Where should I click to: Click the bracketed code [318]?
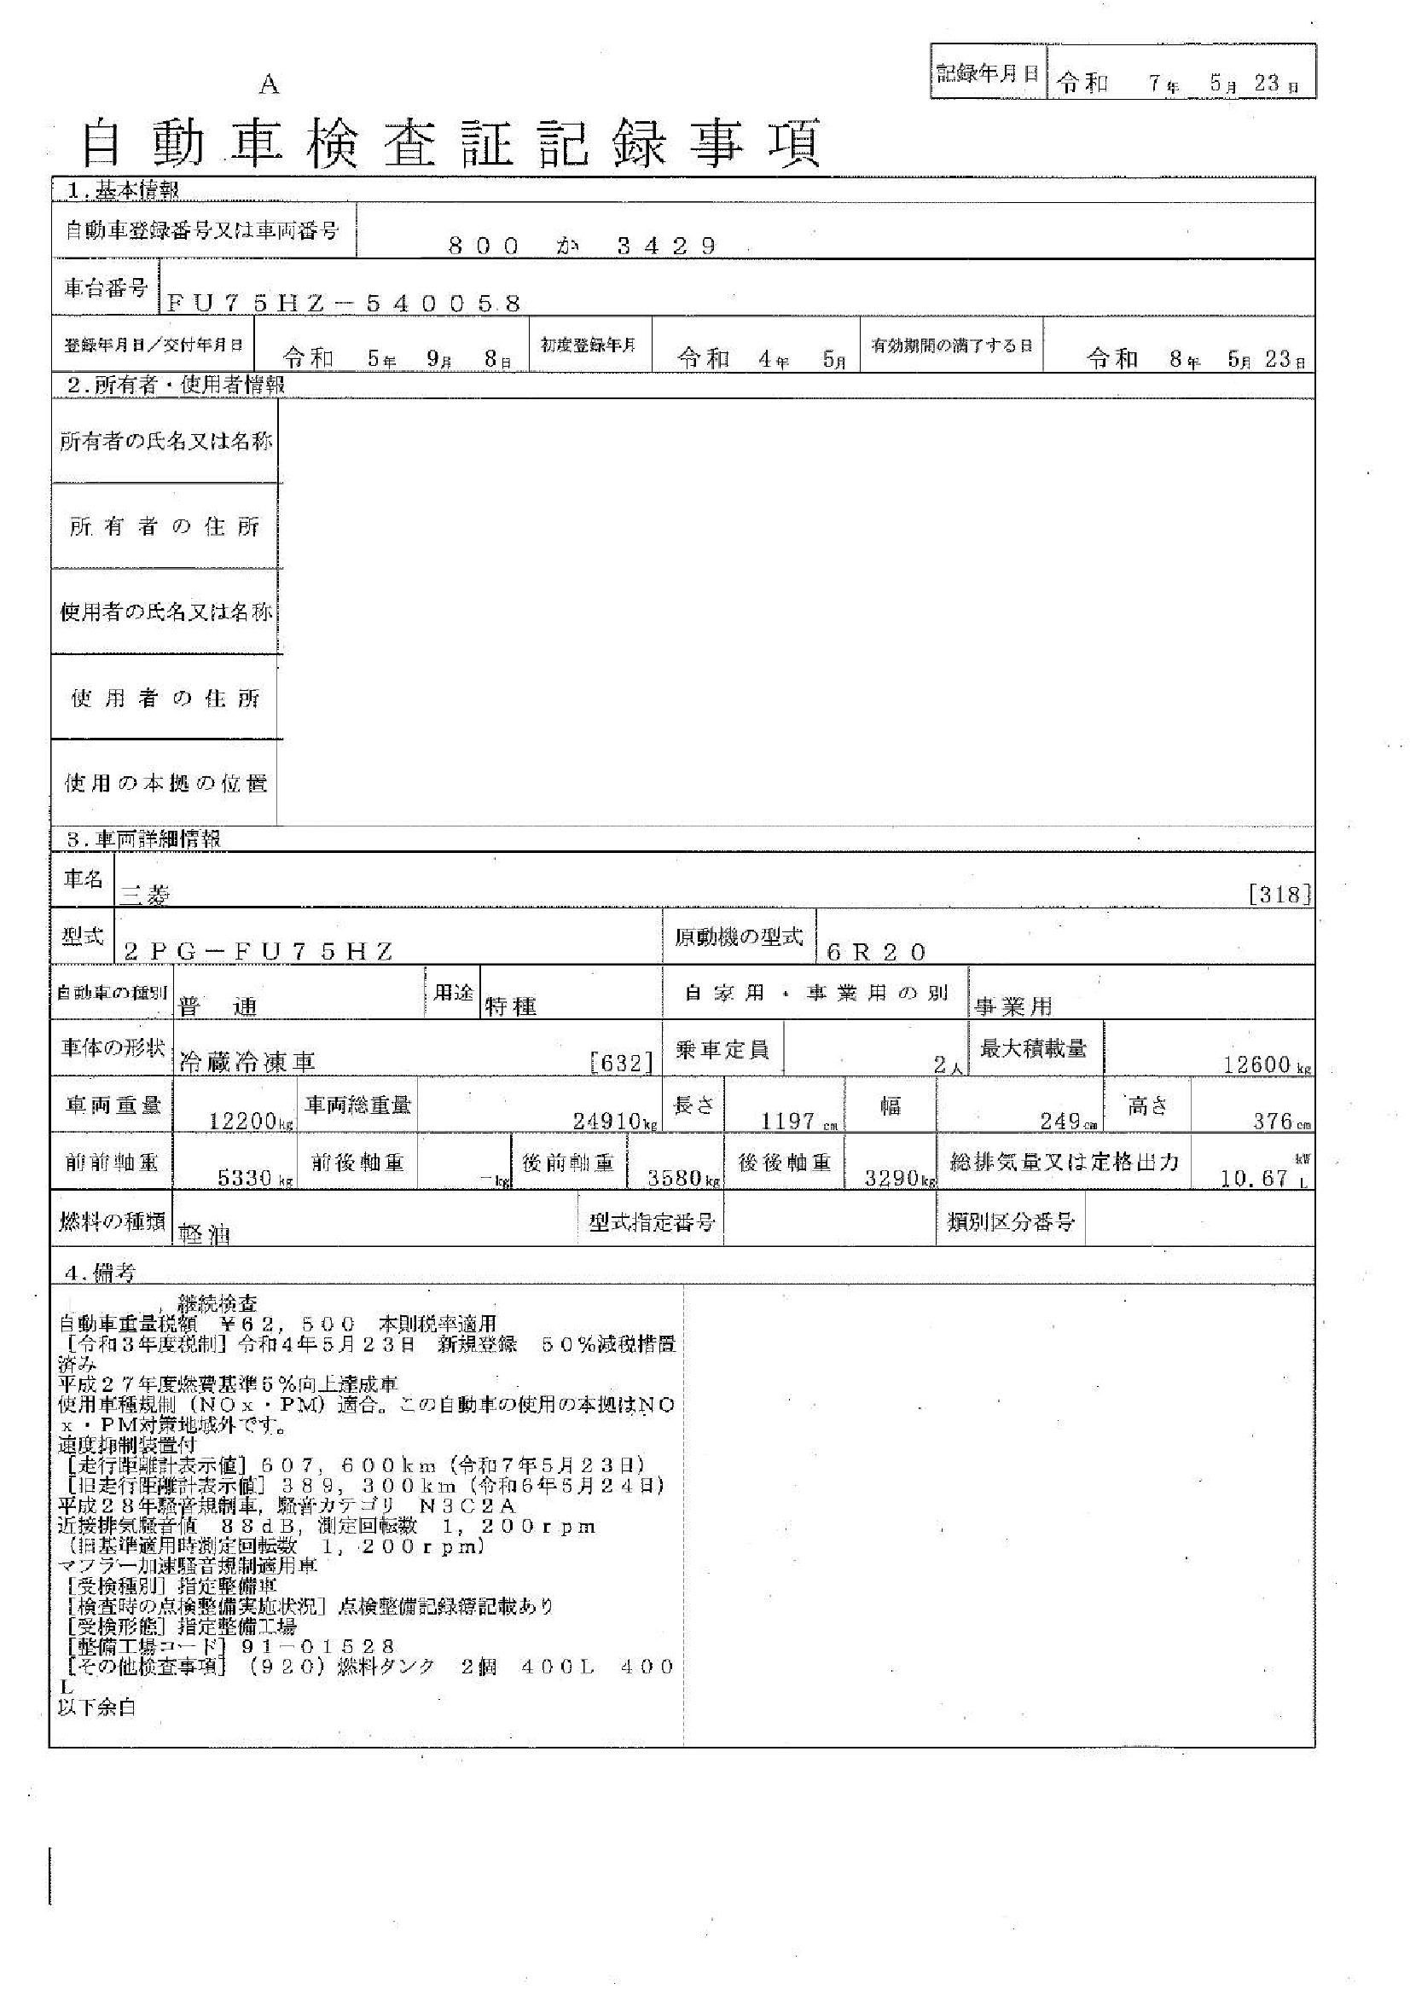1279,894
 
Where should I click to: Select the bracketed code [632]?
620,1063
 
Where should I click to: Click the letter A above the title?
270,85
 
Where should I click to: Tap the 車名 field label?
84,879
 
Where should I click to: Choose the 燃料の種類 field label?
112,1221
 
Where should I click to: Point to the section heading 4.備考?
101,1272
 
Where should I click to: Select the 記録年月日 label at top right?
987,73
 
